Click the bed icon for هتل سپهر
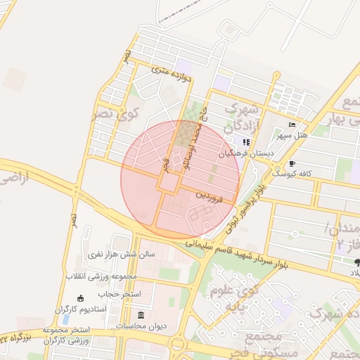pyautogui.click(x=292, y=124)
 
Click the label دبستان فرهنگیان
pyautogui.click(x=245, y=152)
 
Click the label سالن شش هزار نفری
pyautogui.click(x=115, y=252)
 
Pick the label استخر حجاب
pyautogui.click(x=119, y=293)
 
